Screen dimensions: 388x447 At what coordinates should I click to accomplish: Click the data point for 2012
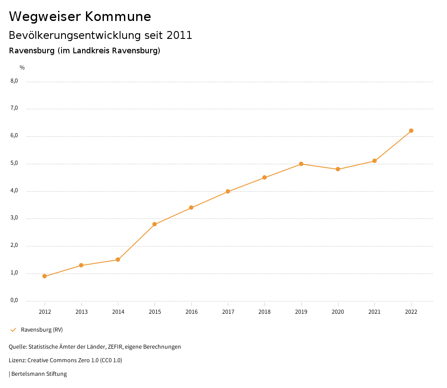45,276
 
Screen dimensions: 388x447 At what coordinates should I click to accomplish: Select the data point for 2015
155,224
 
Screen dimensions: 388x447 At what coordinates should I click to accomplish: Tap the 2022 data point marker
411,131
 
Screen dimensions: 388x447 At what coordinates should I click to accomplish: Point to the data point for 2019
301,164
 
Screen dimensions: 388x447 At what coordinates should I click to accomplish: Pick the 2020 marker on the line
338,169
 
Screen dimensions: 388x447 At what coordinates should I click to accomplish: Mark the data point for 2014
118,260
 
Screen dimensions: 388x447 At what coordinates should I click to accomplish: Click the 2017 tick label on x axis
228,312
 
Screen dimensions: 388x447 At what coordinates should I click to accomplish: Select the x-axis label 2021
375,312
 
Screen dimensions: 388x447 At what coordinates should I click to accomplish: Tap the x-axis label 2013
81,312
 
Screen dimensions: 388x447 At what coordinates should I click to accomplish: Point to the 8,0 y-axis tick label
14,81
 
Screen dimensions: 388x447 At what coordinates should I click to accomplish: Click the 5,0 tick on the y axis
14,163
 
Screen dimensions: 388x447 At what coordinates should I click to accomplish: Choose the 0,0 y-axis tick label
14,301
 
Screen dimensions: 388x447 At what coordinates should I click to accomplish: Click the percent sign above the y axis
22,68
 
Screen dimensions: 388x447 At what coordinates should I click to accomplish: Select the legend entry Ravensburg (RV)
42,330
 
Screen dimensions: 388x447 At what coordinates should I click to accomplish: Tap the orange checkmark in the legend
13,330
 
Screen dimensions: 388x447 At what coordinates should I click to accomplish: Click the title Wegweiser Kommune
80,17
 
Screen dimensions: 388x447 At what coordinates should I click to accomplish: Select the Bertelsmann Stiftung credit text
39,374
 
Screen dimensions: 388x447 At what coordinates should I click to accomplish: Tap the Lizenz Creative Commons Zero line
65,360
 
